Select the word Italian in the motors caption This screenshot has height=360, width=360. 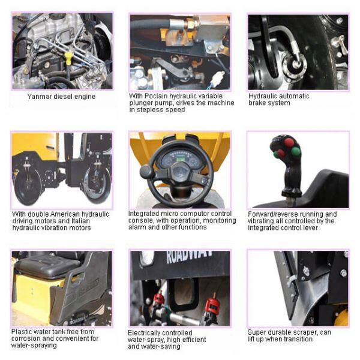coord(80,221)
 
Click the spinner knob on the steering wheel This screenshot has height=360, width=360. coord(146,171)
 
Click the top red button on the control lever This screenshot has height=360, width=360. coord(289,142)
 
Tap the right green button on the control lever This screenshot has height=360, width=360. coord(296,152)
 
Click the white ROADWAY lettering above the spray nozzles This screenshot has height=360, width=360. coord(189,257)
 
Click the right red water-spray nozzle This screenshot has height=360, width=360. coord(212,307)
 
